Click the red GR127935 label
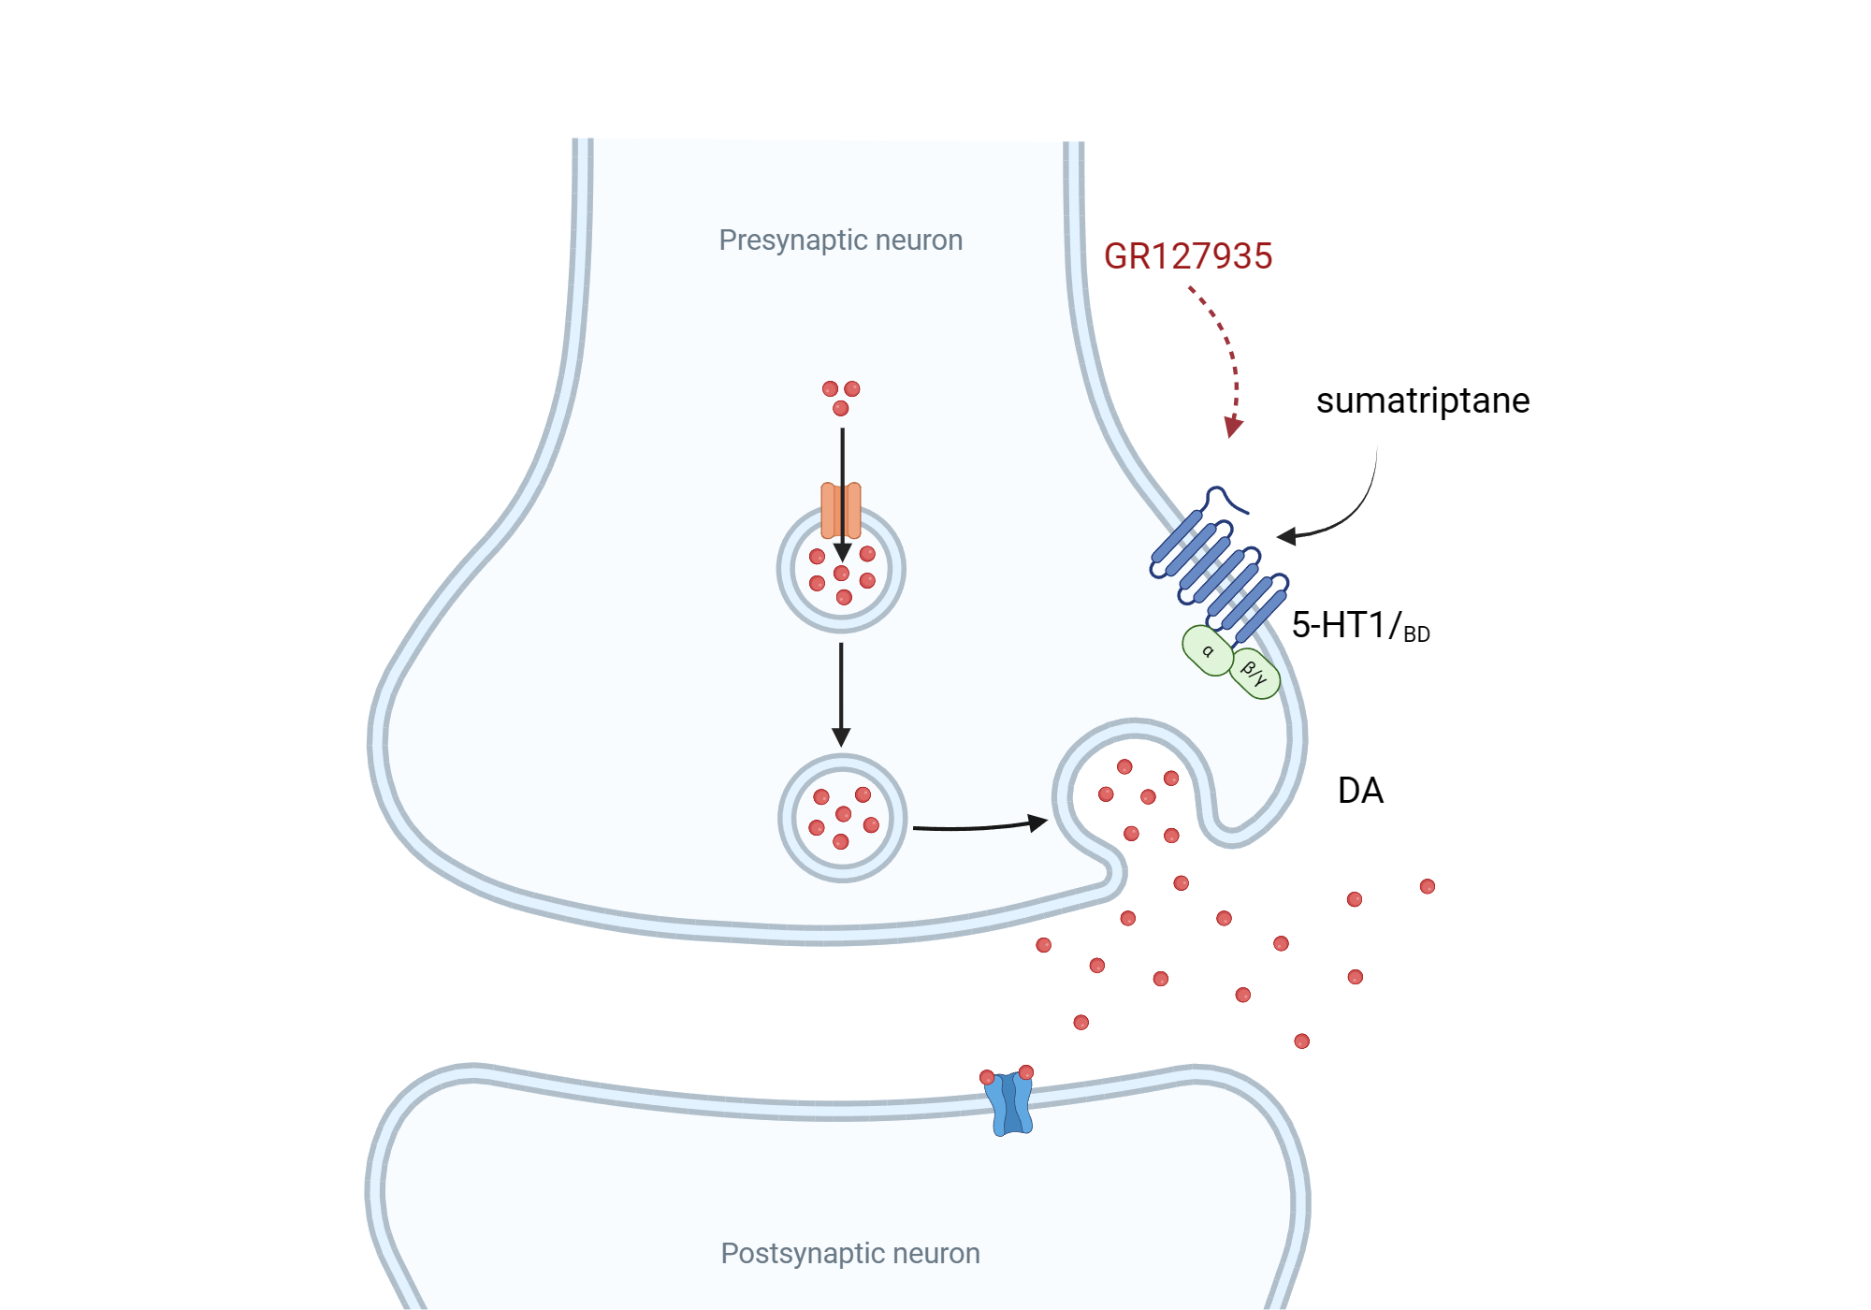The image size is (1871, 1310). (1187, 256)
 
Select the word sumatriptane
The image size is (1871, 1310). (1422, 400)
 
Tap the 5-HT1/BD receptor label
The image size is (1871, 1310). (1359, 626)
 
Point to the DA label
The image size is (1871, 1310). (1359, 791)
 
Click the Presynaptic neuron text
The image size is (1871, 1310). (840, 240)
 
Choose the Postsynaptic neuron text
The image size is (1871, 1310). (849, 1253)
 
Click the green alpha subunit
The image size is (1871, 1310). (1207, 650)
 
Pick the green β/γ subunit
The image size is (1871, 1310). (1255, 673)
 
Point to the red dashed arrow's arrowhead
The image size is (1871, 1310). (1234, 427)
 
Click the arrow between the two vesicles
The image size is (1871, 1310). (841, 692)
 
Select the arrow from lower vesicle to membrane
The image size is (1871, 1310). (978, 826)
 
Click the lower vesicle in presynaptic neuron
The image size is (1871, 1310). (842, 819)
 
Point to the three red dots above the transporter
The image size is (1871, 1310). (840, 397)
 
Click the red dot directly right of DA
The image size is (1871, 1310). (1427, 886)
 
